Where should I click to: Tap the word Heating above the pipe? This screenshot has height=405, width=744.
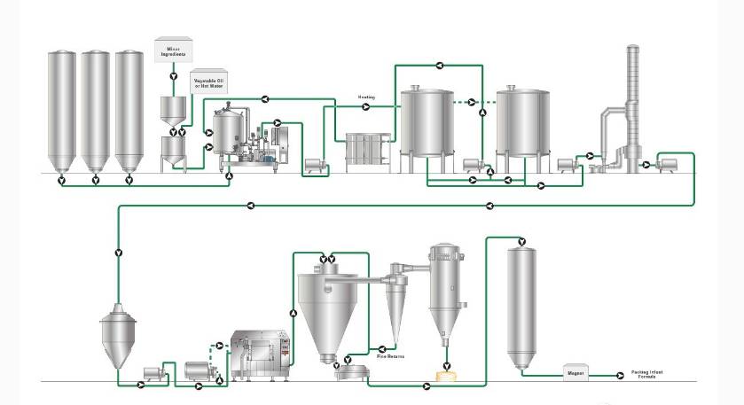coord(367,96)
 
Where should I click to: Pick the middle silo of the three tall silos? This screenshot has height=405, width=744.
coord(95,111)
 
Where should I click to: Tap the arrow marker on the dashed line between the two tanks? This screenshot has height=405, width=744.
coord(471,101)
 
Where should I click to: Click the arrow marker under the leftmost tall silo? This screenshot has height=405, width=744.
coord(61,181)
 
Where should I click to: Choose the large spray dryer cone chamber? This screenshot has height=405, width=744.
coord(327,306)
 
